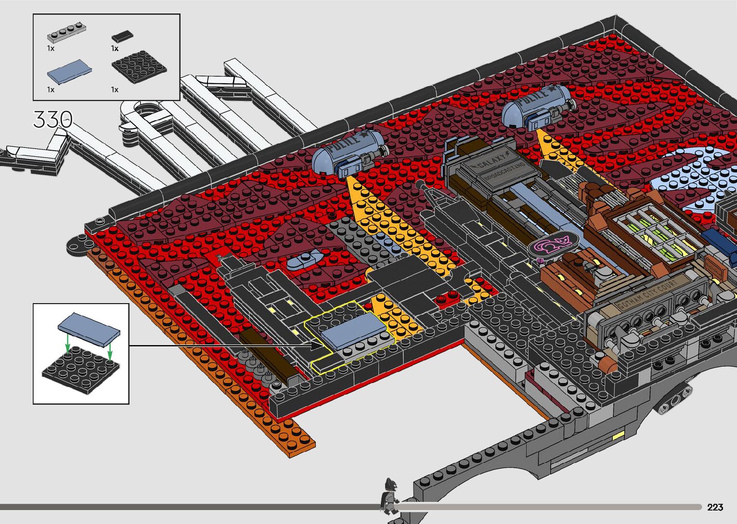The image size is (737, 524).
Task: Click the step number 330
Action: tap(53, 119)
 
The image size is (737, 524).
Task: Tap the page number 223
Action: tap(715, 507)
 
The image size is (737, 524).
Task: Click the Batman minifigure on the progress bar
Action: tap(389, 495)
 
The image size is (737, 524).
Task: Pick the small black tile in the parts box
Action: tap(122, 36)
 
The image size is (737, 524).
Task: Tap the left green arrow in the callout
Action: tap(68, 343)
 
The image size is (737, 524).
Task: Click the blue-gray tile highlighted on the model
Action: tap(354, 330)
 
